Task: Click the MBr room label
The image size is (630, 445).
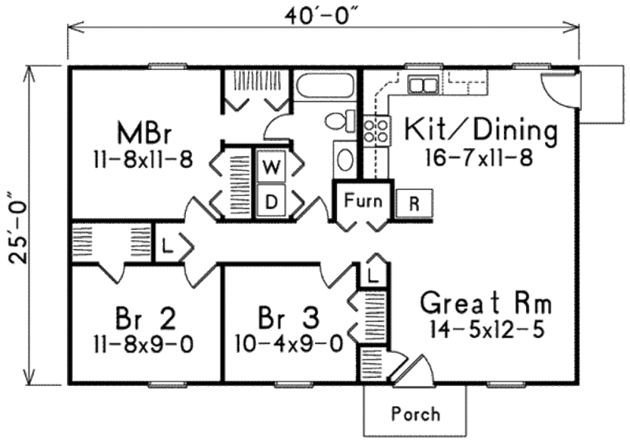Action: pyautogui.click(x=142, y=129)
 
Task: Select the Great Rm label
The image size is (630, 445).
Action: pyautogui.click(x=485, y=304)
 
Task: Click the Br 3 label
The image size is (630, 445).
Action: pyautogui.click(x=289, y=319)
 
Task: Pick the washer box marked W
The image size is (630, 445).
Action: pyautogui.click(x=270, y=166)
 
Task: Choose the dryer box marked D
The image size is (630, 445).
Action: pyautogui.click(x=270, y=202)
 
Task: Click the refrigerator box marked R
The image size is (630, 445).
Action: pyautogui.click(x=413, y=202)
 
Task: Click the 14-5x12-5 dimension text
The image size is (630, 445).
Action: pyautogui.click(x=486, y=328)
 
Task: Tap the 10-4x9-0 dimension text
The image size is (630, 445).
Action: pyautogui.click(x=289, y=343)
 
